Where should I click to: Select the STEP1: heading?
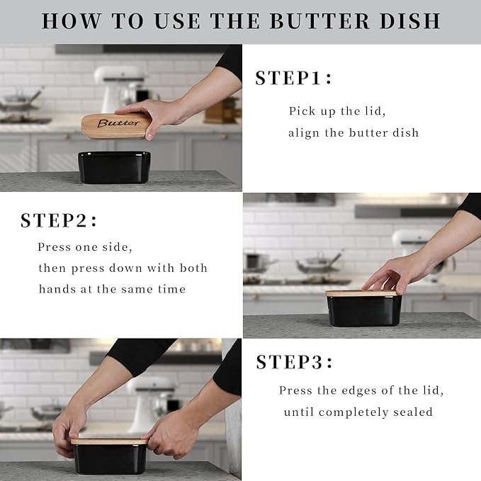(293, 79)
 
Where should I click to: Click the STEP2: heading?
(59, 220)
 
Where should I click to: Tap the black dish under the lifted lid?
(114, 167)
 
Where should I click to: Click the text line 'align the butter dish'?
(353, 132)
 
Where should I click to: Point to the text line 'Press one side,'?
(85, 247)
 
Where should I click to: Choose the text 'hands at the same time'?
(112, 289)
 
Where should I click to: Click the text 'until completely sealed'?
(358, 412)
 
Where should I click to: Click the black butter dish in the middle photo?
(363, 311)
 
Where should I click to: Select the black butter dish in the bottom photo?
(109, 459)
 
